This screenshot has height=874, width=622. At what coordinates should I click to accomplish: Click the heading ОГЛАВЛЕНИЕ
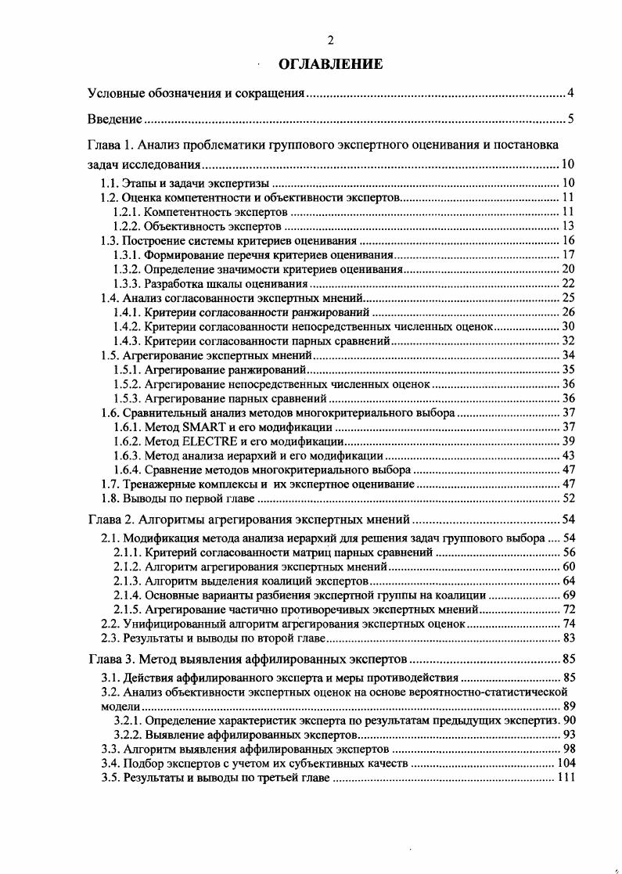[330, 64]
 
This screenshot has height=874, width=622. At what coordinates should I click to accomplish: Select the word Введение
[114, 120]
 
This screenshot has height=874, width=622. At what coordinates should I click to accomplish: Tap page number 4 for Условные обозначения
[571, 95]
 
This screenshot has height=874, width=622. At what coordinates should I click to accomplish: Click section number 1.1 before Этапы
[110, 182]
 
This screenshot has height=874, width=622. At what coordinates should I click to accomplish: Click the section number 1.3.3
[127, 283]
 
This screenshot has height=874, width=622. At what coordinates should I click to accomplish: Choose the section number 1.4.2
[127, 326]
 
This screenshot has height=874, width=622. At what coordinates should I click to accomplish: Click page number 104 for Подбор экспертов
[565, 763]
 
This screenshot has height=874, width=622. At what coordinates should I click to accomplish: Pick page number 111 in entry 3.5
[565, 777]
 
